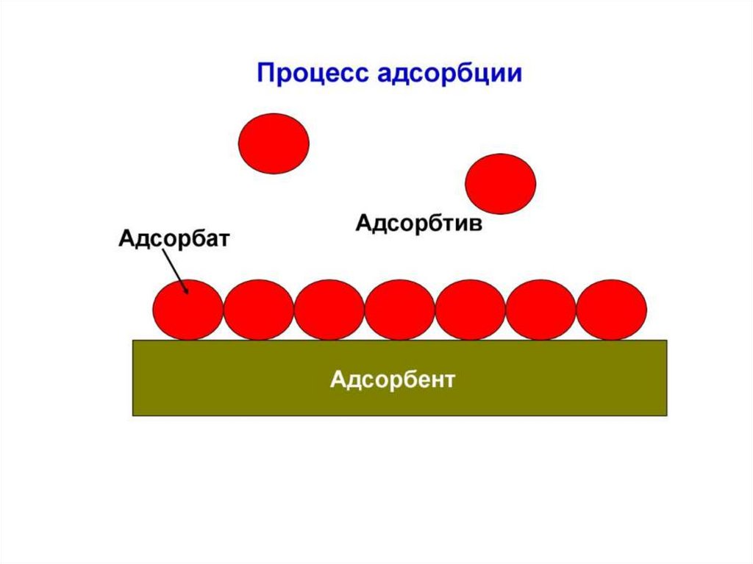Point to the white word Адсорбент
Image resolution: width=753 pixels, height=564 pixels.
(x=393, y=380)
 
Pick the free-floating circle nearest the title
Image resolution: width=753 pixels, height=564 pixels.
(x=274, y=143)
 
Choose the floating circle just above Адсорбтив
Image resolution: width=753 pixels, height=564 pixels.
(x=501, y=184)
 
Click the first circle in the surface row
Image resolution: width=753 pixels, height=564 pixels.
(x=188, y=310)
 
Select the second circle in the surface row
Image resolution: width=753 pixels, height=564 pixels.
(x=258, y=310)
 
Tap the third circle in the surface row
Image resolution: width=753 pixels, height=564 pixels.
(x=329, y=310)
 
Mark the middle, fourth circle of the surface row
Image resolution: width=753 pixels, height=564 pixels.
(x=399, y=310)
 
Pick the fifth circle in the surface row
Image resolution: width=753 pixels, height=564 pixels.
(x=470, y=310)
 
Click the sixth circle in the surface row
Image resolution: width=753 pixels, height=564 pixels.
(x=540, y=310)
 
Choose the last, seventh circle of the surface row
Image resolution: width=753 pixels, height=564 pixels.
(x=611, y=310)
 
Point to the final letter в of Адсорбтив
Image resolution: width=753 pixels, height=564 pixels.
(x=477, y=223)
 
